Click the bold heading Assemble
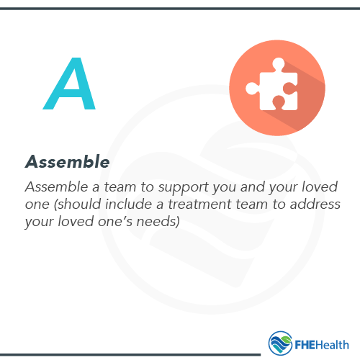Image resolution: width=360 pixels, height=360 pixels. [67, 162]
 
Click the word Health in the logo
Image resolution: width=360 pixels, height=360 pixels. [333, 343]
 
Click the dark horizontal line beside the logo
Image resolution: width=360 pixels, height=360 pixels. [130, 354]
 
